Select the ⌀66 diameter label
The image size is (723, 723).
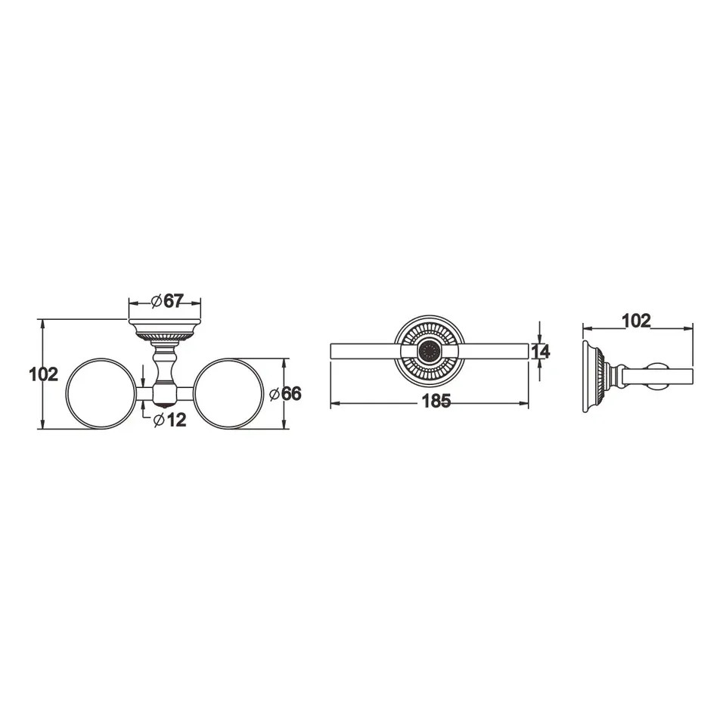tap(285, 394)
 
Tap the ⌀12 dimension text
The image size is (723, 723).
tap(169, 420)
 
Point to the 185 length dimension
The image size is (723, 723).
tap(436, 401)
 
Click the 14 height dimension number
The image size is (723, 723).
tap(541, 352)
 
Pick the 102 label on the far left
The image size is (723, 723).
tap(44, 374)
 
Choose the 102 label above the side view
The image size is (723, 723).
tap(636, 321)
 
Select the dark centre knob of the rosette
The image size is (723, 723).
tap(430, 351)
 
